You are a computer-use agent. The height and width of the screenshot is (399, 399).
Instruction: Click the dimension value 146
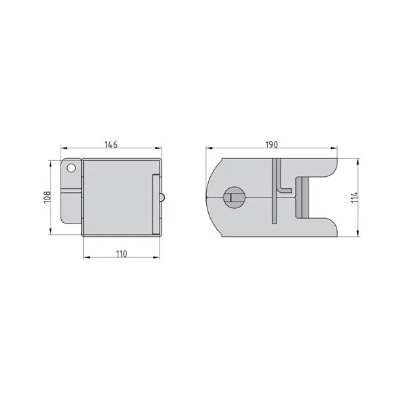click(111, 144)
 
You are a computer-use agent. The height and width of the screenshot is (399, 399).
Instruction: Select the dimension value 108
click(48, 198)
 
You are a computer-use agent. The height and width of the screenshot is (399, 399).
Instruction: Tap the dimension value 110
click(122, 254)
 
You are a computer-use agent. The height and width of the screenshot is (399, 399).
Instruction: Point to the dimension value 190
click(272, 144)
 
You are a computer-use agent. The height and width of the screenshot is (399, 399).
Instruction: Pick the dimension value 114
click(354, 198)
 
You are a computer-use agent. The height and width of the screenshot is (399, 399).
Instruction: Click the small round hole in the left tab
click(71, 168)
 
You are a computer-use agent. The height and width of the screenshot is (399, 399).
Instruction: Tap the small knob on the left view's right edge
click(162, 198)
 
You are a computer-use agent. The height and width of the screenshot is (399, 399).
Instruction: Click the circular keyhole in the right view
click(234, 198)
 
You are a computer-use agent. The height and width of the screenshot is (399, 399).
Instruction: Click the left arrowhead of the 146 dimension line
click(64, 148)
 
